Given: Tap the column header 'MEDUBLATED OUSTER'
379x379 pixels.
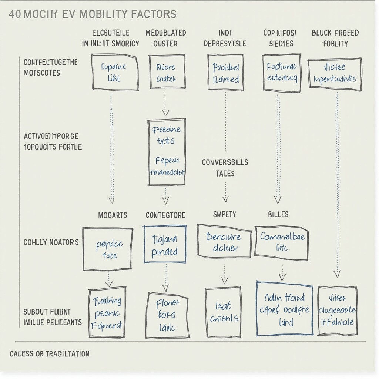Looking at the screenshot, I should coord(165,38).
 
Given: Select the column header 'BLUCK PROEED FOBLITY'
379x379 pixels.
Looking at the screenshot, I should coord(335,38).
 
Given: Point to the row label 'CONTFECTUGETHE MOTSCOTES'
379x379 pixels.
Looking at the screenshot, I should coord(50,67).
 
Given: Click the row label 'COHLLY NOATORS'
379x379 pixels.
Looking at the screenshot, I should coord(51,242).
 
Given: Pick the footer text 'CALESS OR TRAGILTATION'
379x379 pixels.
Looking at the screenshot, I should coord(49,353).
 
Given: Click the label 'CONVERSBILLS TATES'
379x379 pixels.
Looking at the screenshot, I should coord(225,168).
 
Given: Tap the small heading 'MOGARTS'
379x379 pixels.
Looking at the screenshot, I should coord(113,215).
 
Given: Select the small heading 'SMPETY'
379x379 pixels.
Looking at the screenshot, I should coord(225,214).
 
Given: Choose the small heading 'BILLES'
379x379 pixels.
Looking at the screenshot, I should coord(278,214).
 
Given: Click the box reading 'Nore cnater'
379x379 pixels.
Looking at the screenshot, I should coord(167,72).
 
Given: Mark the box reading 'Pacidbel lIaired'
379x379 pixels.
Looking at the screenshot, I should coord(225,73).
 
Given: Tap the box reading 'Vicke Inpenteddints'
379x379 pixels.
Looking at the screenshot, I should coord(335,74).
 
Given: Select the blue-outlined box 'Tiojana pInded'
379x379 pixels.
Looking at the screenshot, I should coord(165,244).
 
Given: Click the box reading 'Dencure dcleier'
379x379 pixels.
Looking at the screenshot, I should coord(224,241).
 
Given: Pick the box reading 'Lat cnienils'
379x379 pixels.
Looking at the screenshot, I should coord(223,312).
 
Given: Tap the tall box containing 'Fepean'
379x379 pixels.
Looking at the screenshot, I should coord(167,152).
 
